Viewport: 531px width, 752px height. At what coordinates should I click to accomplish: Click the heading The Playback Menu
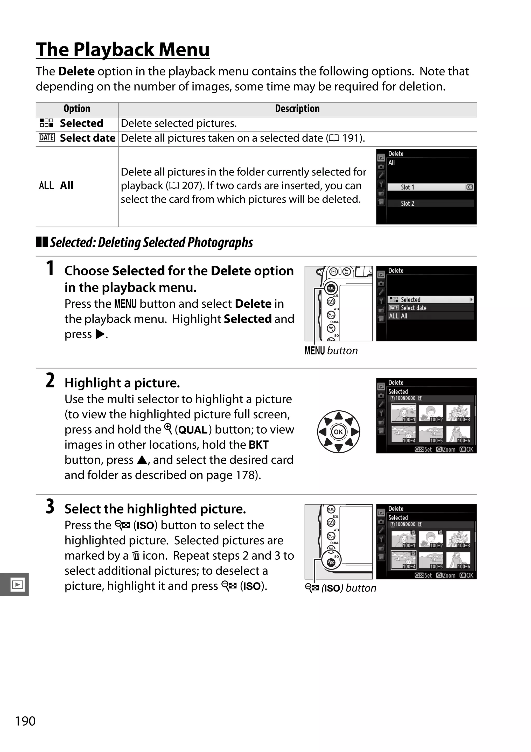123,50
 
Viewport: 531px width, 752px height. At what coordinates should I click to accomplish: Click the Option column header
77,109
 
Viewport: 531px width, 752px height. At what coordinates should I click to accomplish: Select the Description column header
297,109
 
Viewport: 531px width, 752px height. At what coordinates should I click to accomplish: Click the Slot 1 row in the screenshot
430,187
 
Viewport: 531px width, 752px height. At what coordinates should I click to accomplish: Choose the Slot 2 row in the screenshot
430,203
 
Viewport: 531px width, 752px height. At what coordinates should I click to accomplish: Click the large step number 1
50,269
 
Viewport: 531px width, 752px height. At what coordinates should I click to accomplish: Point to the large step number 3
50,507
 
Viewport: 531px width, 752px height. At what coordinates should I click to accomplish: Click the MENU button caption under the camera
331,351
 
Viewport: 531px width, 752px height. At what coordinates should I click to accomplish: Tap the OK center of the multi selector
338,432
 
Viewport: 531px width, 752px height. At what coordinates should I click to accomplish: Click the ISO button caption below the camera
340,588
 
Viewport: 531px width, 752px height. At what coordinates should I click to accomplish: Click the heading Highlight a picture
122,383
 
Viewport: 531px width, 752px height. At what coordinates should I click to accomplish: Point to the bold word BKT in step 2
258,445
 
